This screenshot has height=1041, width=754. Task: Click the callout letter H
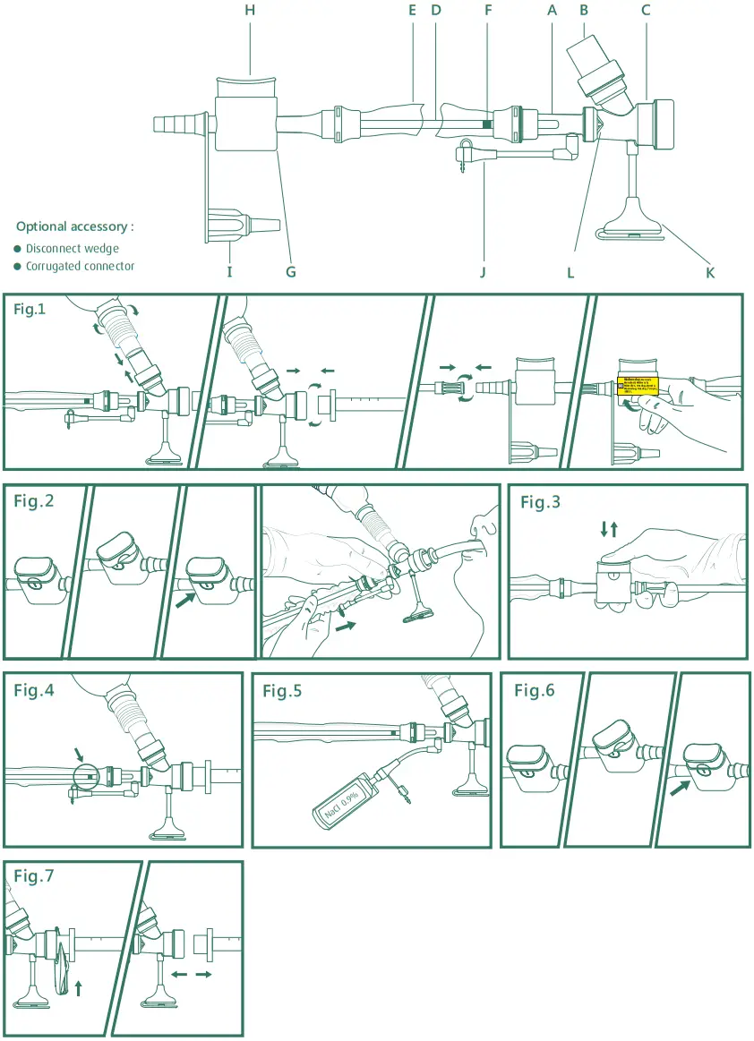(x=250, y=11)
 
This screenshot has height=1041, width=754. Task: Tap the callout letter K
(x=710, y=272)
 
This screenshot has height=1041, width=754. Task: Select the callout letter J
(x=483, y=272)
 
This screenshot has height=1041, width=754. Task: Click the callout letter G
(x=291, y=272)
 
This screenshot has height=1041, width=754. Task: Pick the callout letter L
(x=570, y=272)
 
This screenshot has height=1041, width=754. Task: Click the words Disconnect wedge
(x=72, y=248)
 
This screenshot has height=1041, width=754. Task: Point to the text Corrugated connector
(x=80, y=266)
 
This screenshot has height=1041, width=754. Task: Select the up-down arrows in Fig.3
(x=609, y=529)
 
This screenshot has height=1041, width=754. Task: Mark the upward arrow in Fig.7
(x=78, y=987)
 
